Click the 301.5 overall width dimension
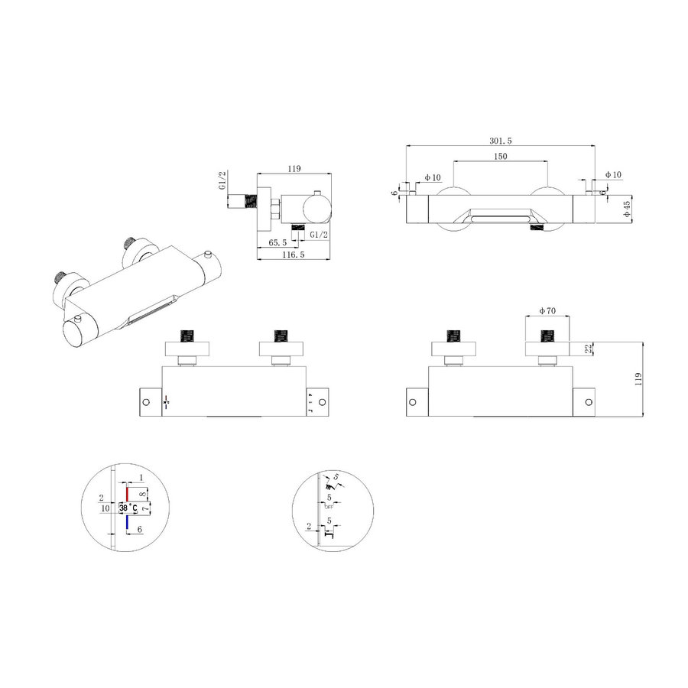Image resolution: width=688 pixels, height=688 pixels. [501, 141]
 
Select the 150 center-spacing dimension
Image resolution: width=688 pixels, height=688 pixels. [501, 156]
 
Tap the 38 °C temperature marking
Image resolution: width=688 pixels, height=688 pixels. [128, 508]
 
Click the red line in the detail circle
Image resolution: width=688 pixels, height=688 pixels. [127, 493]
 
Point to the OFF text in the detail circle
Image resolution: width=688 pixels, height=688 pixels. [329, 507]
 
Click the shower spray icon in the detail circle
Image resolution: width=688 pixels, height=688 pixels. [328, 482]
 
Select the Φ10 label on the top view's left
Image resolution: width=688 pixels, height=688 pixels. [433, 178]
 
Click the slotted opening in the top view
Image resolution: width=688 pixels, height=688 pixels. [501, 219]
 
